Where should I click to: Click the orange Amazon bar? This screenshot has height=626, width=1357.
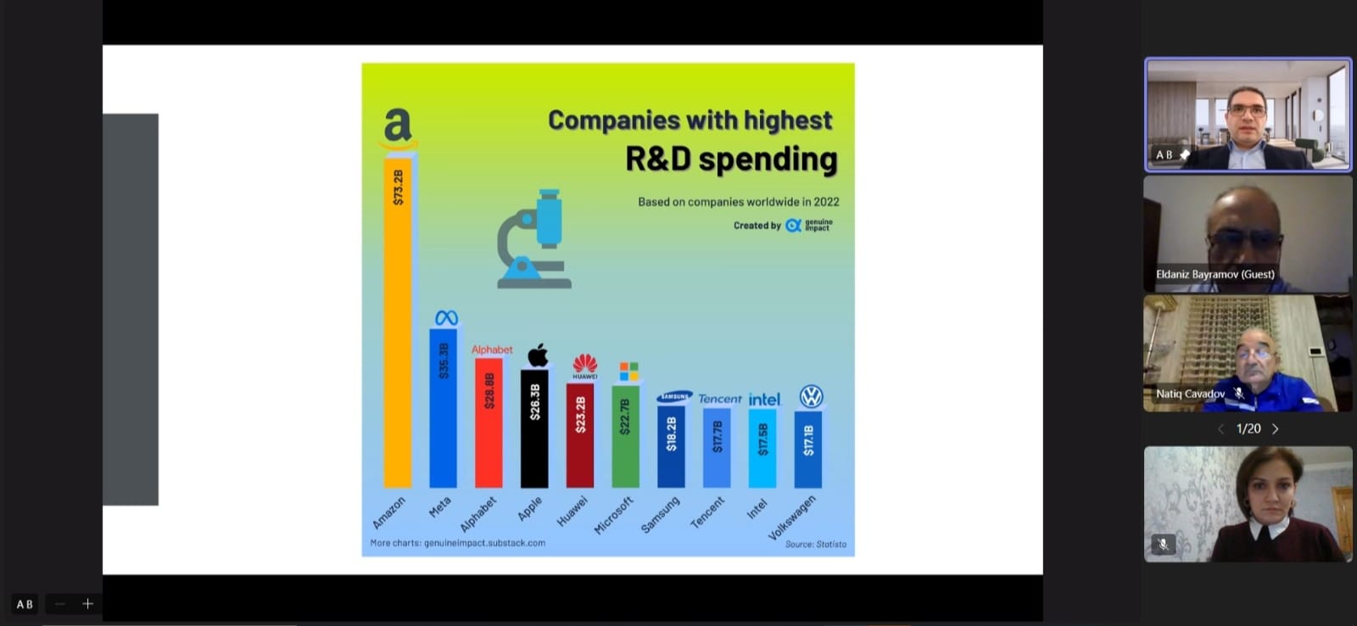398,322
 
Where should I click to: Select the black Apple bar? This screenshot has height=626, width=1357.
534,428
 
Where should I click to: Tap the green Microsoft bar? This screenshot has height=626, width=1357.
626,436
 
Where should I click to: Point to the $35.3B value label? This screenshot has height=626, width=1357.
444,361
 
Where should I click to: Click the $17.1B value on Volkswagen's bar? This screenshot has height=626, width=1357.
808,440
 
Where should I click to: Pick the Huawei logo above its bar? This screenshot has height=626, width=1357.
584,366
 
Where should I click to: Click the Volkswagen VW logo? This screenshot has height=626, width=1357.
811,396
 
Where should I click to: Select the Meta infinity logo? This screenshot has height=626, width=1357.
446,318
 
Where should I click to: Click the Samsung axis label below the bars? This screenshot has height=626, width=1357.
661,515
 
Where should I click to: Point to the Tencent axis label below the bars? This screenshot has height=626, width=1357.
707,512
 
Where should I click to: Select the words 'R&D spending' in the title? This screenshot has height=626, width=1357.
731,159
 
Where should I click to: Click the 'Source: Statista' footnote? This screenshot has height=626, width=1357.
815,545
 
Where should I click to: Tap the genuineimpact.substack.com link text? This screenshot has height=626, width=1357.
484,543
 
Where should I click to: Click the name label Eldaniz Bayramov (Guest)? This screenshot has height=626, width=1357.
1215,275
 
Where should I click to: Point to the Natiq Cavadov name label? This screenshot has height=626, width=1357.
1191,394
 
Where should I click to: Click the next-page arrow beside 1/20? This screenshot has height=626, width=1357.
1276,429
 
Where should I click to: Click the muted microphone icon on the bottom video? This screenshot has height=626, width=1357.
1163,545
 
